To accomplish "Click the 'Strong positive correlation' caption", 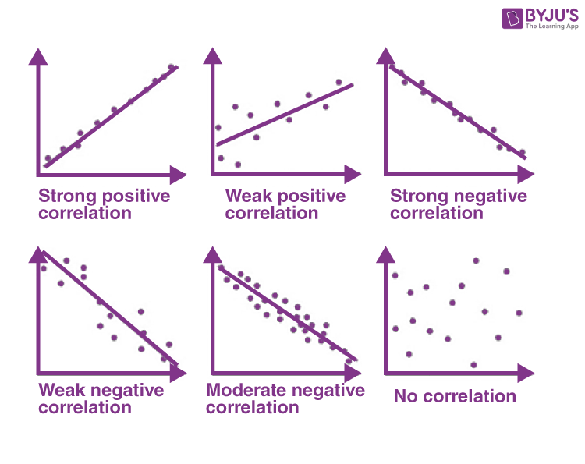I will [x=104, y=204].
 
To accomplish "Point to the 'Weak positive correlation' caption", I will [x=285, y=204].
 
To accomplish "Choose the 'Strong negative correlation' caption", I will [x=458, y=204].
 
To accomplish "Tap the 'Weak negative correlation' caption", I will [x=101, y=398].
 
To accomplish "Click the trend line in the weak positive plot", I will [x=285, y=114].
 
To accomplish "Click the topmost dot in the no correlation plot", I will [x=476, y=260].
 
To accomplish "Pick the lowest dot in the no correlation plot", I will [x=473, y=364].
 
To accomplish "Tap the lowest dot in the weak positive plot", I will [x=238, y=165].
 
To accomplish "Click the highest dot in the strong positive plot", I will [x=172, y=67].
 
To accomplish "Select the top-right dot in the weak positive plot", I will [x=339, y=82].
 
